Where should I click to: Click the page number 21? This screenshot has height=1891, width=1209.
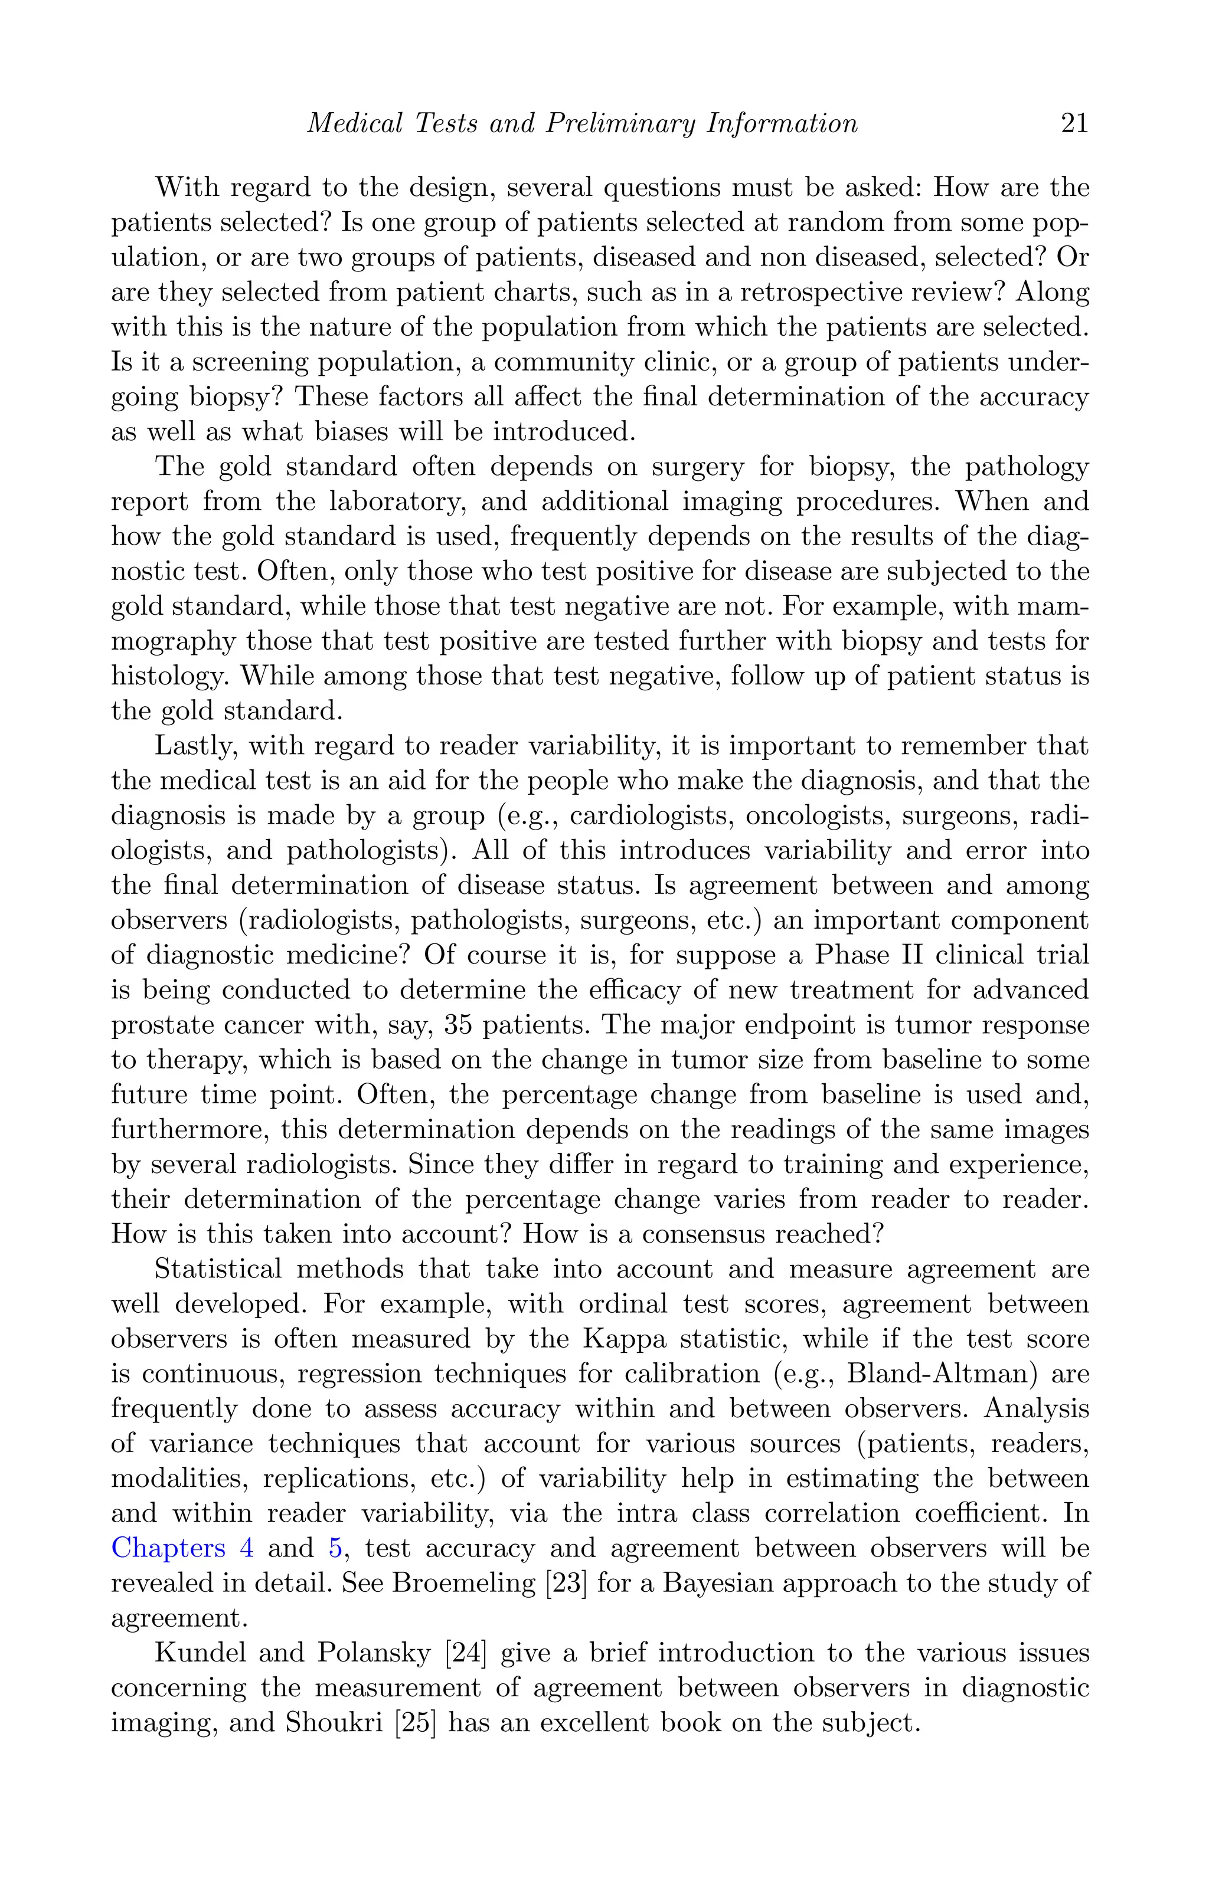[1074, 124]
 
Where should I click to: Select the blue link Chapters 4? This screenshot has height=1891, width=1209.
[182, 1548]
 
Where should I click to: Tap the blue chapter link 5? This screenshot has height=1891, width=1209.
[335, 1548]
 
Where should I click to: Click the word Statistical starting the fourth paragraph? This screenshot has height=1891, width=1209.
[218, 1269]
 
